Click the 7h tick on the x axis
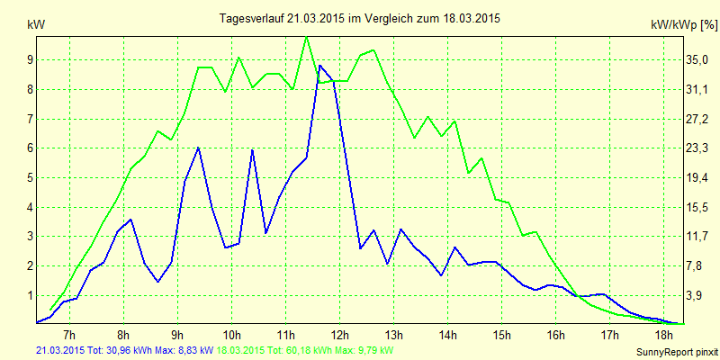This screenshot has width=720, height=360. click(x=69, y=337)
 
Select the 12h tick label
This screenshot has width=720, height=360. click(x=340, y=337)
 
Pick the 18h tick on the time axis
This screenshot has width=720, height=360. click(x=664, y=337)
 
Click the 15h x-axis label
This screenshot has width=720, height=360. click(x=502, y=337)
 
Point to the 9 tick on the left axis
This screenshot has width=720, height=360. click(x=30, y=60)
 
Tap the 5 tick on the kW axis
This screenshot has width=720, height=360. click(x=30, y=178)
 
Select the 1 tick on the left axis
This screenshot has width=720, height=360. click(x=30, y=295)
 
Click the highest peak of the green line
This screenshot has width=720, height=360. click(x=307, y=37)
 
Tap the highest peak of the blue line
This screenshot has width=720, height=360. click(x=319, y=66)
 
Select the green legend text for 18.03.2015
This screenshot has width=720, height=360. click(x=306, y=349)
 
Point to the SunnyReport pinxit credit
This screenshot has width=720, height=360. click(x=674, y=349)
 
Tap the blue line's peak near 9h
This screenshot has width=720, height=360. click(x=198, y=148)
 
